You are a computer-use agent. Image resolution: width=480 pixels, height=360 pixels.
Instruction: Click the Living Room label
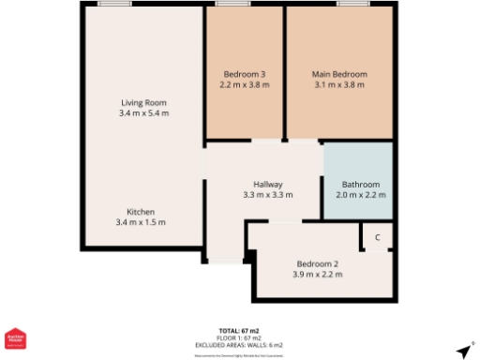tap(143, 101)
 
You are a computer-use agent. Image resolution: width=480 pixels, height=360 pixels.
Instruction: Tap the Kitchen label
tap(141, 211)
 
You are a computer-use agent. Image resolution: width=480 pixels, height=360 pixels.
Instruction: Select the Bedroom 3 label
tap(244, 74)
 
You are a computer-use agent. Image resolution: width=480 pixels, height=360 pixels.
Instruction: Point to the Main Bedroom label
tap(338, 74)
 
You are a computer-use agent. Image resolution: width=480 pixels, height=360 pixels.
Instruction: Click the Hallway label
tap(267, 184)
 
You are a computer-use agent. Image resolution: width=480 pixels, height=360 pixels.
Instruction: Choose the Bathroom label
tap(360, 184)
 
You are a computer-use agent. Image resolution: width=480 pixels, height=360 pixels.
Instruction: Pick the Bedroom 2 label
tap(317, 263)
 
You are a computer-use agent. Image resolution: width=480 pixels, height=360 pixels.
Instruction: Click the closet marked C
tap(378, 238)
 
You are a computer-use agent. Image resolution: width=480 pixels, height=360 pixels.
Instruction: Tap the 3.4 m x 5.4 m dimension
tap(143, 112)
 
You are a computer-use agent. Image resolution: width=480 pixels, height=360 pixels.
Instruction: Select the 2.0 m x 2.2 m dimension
tap(360, 195)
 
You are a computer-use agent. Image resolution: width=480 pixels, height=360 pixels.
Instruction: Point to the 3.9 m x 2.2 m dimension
tap(317, 275)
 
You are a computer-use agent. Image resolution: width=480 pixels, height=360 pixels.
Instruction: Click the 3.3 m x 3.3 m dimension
tap(267, 195)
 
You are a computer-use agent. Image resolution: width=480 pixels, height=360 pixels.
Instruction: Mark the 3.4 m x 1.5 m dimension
tap(141, 222)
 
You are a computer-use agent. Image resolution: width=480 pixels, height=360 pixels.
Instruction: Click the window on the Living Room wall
tap(113, 4)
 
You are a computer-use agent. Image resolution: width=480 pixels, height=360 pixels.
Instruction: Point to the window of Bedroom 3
tap(225, 4)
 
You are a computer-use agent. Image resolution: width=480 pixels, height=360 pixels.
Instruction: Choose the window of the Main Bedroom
tap(352, 4)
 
